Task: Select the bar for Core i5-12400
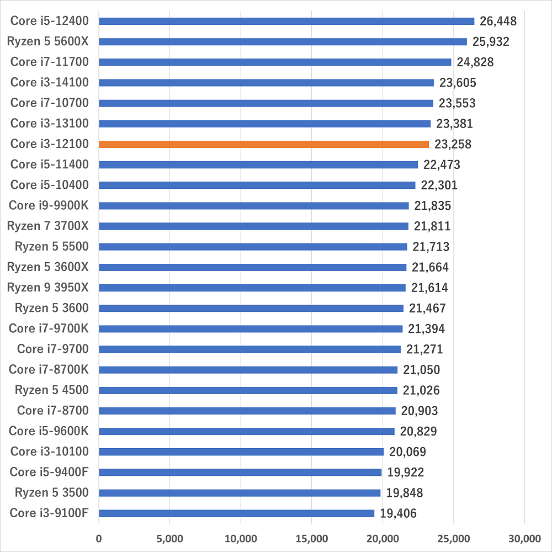point(286,21)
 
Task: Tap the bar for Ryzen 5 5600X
point(283,41)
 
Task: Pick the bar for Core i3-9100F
point(236,513)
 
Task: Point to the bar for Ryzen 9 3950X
point(252,288)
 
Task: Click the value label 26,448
point(498,22)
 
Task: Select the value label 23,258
point(453,144)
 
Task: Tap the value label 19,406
point(399,513)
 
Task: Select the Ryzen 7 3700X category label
point(48,226)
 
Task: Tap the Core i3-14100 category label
point(50,83)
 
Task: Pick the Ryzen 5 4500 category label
point(52,390)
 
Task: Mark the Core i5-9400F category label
point(49,472)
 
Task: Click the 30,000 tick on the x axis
point(524,538)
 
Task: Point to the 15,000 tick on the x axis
point(311,538)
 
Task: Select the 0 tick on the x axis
point(99,538)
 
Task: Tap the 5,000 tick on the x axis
point(169,538)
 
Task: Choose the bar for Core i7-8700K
point(248,370)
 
